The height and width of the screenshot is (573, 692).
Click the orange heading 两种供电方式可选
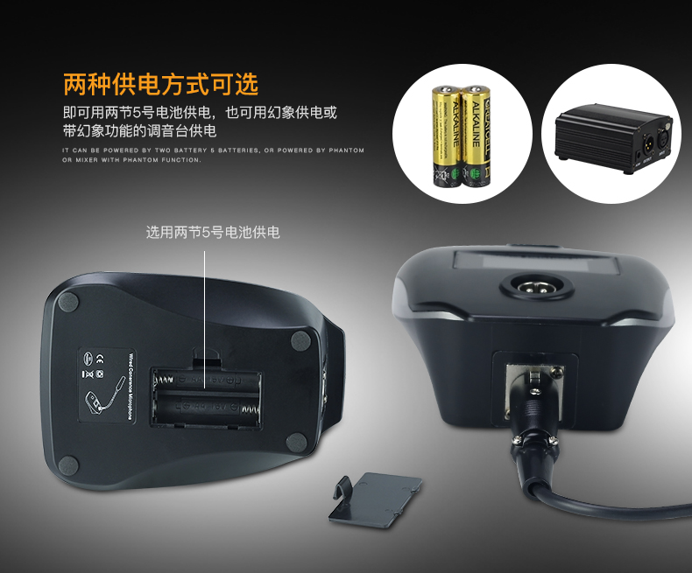(161, 84)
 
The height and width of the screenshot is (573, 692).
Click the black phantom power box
(604, 135)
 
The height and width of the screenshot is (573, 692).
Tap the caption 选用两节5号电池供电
(213, 232)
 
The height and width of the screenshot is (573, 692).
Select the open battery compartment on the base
(208, 398)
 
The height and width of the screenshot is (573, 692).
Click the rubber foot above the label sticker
(67, 304)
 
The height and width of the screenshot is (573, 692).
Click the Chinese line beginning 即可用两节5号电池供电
(200, 113)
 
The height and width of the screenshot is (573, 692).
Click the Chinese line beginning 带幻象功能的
(139, 130)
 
